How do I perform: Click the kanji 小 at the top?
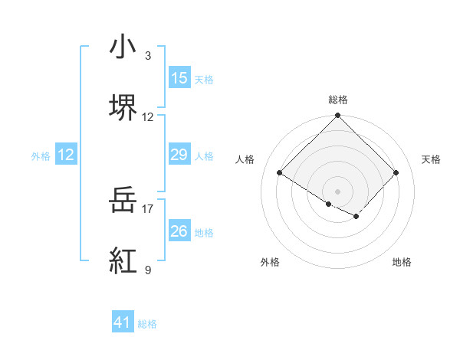pos(123,47)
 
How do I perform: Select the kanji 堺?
pos(123,107)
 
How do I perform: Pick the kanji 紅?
pos(123,261)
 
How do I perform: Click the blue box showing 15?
pos(179,78)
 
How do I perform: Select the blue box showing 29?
pos(179,155)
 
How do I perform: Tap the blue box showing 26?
pos(179,231)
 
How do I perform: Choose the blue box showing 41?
pos(123,322)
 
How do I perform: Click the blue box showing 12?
pos(66,155)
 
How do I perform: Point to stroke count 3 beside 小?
pos(148,56)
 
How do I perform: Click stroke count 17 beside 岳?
pos(148,208)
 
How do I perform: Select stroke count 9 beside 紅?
pos(148,270)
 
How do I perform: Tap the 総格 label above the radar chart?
pos(338,100)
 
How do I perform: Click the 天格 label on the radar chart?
pos(431,159)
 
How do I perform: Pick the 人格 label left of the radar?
pos(245,159)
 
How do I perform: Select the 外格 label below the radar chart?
pos(270,262)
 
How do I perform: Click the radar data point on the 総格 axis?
pos(338,116)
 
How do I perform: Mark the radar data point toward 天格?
pos(396,173)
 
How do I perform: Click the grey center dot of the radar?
pos(338,191)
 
